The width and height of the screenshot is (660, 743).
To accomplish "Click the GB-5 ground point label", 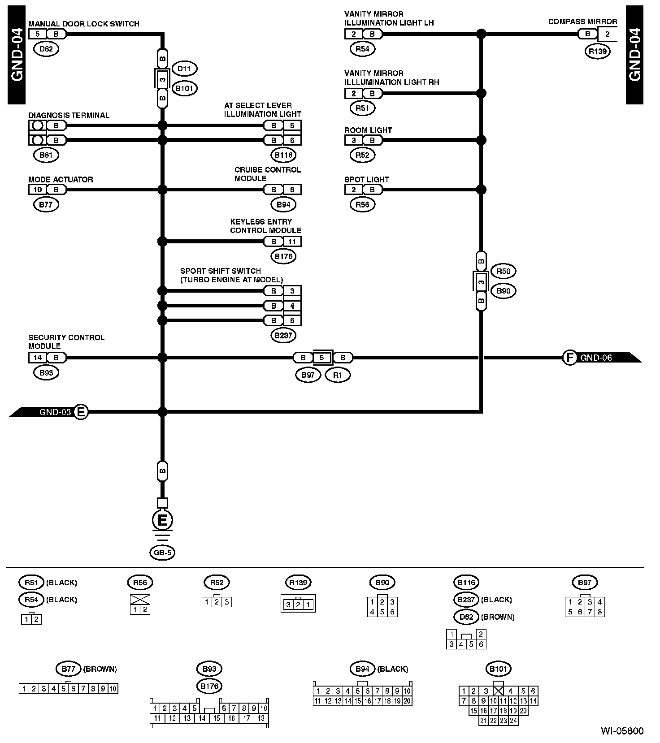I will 162,553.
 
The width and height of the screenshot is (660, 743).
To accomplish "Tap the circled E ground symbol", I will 162,520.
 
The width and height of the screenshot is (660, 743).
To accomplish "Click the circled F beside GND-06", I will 569,358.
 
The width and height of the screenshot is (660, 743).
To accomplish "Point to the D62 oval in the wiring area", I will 46,49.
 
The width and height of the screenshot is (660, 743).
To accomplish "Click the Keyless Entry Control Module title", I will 265,226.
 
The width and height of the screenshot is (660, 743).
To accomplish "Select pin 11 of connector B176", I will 292,242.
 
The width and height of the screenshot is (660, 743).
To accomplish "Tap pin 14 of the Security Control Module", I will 38,358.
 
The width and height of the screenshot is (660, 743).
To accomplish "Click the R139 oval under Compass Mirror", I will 598,51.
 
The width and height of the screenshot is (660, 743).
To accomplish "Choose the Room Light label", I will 368,130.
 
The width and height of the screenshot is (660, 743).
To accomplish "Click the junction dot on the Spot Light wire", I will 481,190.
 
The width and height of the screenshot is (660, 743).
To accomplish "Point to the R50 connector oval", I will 504,271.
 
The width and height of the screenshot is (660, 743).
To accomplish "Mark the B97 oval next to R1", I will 308,375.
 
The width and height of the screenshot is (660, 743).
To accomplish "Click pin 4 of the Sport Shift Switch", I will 292,306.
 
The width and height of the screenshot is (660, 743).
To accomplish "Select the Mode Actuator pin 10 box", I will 38,190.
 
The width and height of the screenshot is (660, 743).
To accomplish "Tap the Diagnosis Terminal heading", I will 69,115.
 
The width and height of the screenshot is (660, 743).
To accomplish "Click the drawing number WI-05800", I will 622,731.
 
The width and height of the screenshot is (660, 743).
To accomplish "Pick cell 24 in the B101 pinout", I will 513,721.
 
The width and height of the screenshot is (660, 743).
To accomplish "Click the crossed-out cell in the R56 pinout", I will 140,600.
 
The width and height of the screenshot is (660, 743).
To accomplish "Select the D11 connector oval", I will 184,69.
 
